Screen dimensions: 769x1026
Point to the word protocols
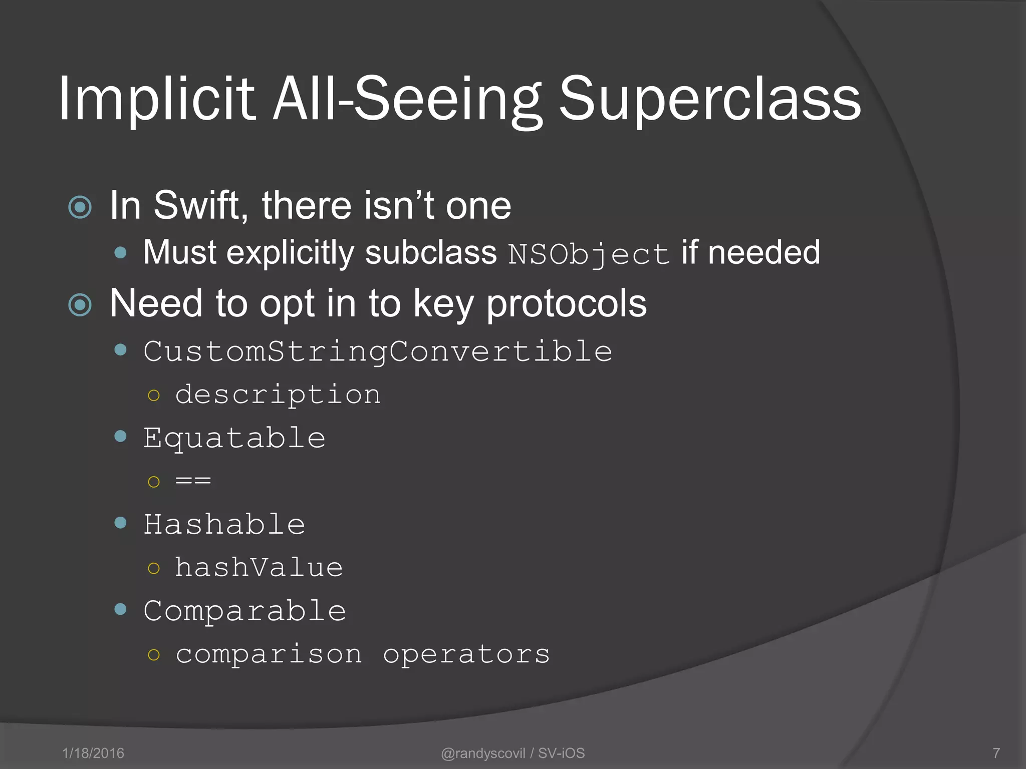pos(566,304)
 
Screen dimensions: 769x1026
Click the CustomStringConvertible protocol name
pos(378,351)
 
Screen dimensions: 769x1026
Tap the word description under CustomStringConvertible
pos(278,395)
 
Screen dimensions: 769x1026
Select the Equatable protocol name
pos(234,439)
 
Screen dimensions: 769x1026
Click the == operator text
pos(193,481)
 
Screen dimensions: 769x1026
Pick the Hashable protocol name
pos(224,525)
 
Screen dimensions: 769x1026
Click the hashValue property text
pos(259,568)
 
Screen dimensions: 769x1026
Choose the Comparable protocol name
pos(245,611)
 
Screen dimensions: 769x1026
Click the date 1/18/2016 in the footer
pos(93,753)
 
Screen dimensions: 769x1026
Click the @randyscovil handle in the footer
pos(483,753)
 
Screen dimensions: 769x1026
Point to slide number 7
pos(996,753)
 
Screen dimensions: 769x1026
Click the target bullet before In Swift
pos(80,207)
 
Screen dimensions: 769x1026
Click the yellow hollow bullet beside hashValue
pos(154,568)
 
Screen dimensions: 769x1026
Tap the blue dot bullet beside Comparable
pos(120,609)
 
